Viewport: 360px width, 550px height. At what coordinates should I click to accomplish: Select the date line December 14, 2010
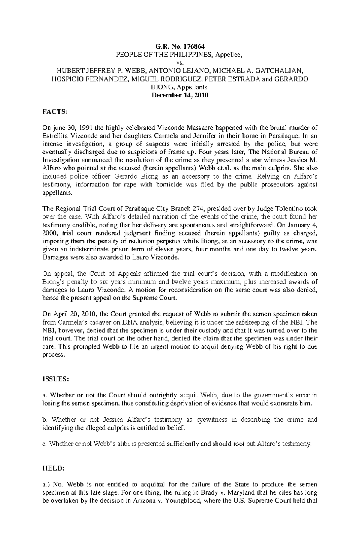[180, 95]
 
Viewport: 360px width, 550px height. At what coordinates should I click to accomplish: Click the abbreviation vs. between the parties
[180, 63]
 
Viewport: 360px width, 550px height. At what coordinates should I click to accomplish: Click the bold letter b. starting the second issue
[45, 420]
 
